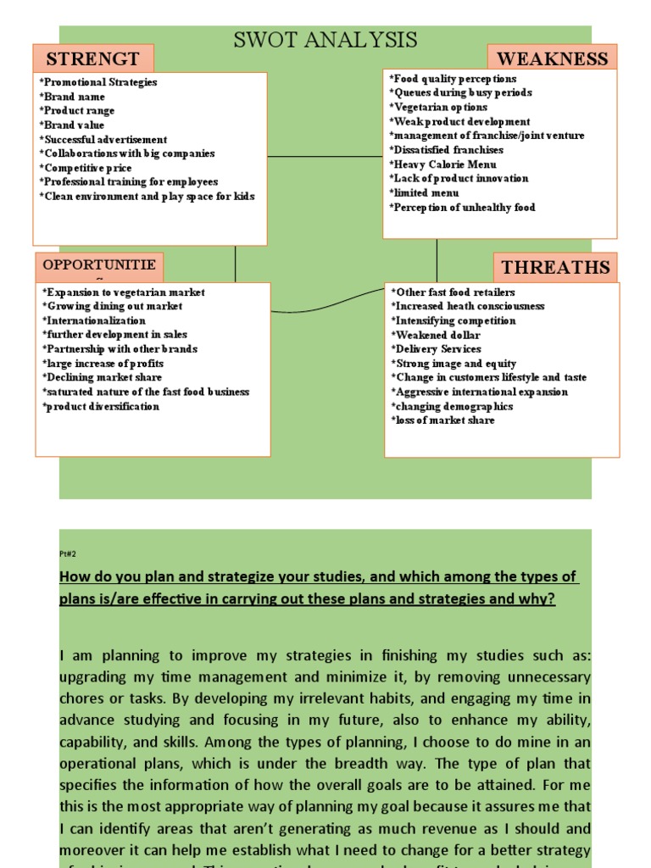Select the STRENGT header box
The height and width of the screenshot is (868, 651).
coord(93,58)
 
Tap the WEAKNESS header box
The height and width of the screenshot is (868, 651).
coord(552,58)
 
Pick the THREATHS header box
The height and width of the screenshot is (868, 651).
coord(555,268)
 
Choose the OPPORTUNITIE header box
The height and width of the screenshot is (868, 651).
coord(99,265)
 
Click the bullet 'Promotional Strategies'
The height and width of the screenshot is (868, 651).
coord(98,82)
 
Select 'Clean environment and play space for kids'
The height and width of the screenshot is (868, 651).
coord(147,197)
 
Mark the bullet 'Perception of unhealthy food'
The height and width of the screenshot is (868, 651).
coord(462,208)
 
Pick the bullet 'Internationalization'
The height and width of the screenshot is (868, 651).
coord(93,321)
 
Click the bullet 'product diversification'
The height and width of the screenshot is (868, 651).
coord(100,407)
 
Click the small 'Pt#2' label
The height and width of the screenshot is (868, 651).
coord(68,553)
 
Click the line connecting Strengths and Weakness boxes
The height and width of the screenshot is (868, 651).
coord(325,157)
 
